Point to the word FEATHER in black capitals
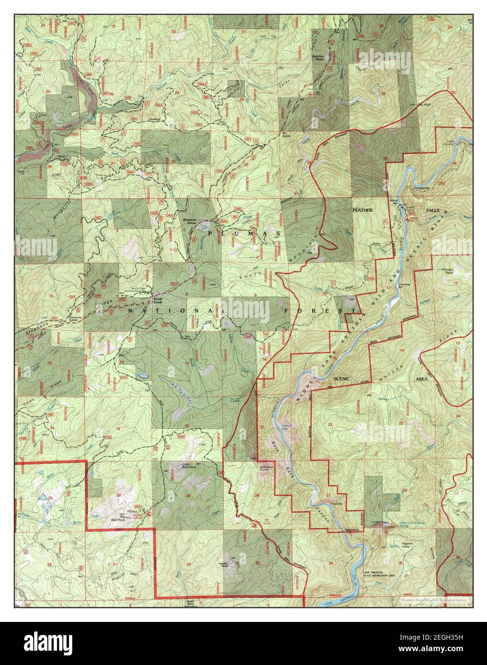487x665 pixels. tap(362, 211)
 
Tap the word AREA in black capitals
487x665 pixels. tap(422, 378)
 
